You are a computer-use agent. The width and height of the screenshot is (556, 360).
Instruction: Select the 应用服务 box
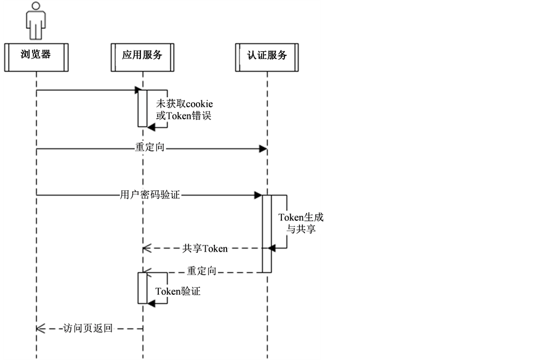point(142,55)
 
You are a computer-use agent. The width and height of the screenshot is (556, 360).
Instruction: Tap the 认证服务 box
point(267,55)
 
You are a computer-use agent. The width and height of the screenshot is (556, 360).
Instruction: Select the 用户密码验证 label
point(150,195)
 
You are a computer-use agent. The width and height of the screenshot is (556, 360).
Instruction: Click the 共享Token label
point(205,249)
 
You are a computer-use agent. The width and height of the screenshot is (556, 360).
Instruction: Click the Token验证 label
point(177,292)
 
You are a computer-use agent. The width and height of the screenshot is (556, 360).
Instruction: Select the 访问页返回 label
point(88,329)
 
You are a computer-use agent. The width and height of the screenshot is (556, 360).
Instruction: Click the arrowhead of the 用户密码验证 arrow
point(259,195)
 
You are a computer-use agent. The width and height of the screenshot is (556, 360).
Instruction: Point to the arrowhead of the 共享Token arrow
point(146,249)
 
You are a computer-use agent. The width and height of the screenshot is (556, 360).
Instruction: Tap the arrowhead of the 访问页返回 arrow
point(40,329)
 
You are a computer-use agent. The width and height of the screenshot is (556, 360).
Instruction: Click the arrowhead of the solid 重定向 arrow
point(263,148)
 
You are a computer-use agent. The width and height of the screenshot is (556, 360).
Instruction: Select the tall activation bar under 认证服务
point(267,233)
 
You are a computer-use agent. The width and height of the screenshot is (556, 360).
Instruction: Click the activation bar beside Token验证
point(142,288)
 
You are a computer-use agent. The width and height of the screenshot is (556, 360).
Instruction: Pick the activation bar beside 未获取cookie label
point(142,108)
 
